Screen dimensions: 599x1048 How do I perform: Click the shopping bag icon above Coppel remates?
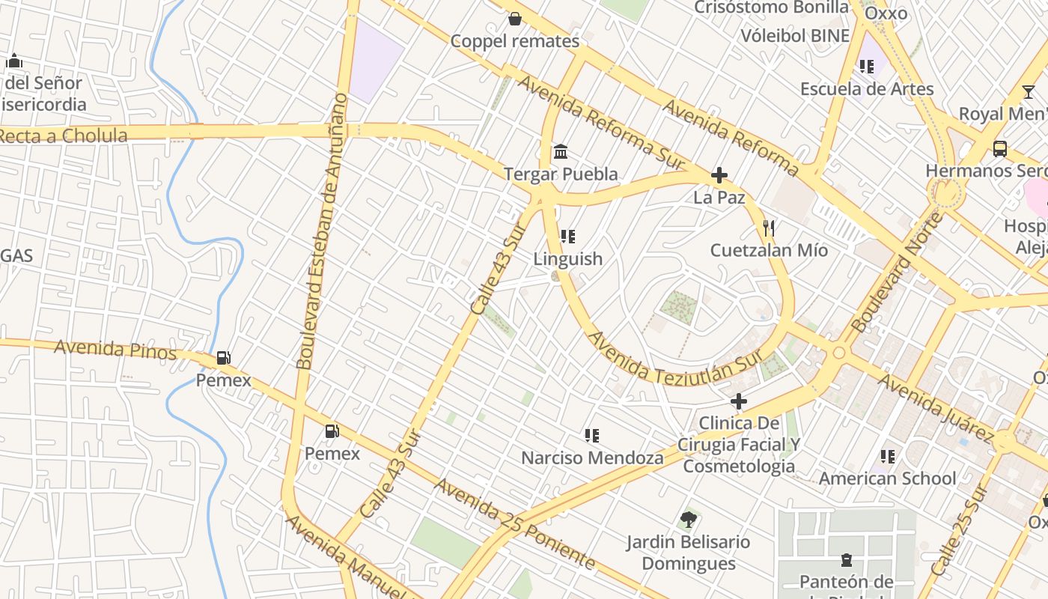515,19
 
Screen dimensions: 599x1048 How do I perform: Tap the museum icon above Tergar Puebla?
561,152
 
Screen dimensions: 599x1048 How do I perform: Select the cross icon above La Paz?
719,175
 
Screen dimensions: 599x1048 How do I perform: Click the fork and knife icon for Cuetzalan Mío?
768,228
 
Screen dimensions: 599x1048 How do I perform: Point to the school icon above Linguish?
568,237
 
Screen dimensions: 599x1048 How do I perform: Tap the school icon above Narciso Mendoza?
592,435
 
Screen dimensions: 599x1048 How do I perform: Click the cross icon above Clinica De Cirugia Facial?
739,401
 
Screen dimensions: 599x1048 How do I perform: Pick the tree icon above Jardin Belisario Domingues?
688,519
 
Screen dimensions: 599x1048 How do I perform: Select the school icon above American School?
888,456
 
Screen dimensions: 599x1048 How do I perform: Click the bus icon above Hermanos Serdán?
1000,148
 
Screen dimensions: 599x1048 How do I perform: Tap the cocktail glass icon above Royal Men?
1029,92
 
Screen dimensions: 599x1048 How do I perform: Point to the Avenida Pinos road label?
115,350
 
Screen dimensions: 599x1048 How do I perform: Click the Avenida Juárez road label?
935,407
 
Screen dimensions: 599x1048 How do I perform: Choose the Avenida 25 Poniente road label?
515,524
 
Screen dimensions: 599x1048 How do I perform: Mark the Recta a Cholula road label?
63,136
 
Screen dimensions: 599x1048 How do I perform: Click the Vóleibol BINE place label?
795,36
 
